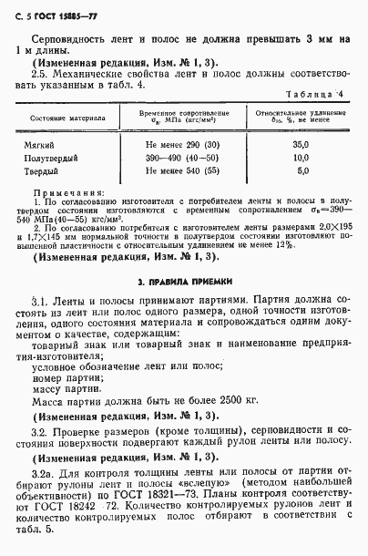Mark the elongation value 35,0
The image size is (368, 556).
coord(302,145)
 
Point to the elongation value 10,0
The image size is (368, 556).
coord(302,158)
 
